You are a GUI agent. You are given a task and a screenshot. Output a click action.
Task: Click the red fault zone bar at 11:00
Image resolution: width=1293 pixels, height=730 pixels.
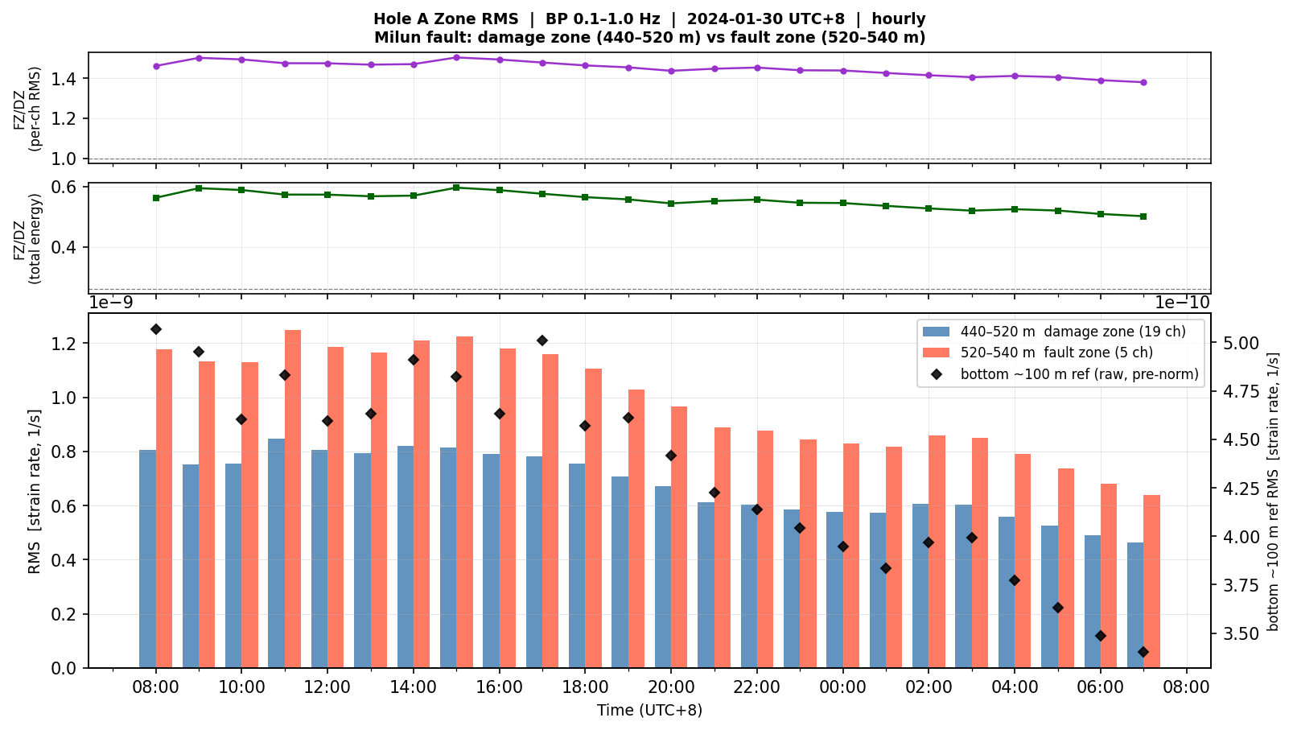click(x=293, y=499)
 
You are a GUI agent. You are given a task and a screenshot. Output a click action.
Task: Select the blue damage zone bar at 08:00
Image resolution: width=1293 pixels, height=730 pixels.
click(x=148, y=559)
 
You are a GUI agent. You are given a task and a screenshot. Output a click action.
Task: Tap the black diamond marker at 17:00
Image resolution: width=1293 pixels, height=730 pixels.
click(x=542, y=340)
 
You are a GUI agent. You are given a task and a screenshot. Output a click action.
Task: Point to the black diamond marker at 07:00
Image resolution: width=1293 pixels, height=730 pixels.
click(x=1143, y=652)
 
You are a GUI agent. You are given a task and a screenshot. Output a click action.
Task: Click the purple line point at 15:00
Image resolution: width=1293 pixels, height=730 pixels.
click(x=456, y=58)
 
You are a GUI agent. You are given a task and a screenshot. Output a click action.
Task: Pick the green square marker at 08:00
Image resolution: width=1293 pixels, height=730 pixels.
click(x=156, y=198)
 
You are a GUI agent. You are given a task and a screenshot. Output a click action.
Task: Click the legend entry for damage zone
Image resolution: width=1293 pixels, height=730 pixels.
click(x=1054, y=332)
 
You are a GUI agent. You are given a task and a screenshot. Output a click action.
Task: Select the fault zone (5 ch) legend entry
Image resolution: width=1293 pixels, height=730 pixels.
click(x=1038, y=353)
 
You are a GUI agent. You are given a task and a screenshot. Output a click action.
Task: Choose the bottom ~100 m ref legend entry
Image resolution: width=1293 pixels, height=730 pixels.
click(x=1064, y=374)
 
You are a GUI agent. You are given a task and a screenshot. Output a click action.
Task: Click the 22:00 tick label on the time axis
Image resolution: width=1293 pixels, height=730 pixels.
click(x=757, y=688)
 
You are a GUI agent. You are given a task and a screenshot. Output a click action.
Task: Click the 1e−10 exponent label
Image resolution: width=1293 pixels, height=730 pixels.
click(x=1182, y=303)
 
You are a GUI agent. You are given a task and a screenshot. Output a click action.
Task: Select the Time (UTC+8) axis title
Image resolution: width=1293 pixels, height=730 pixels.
click(x=649, y=711)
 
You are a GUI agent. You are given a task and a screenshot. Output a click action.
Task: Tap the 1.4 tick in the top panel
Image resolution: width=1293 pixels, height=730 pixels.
click(x=67, y=79)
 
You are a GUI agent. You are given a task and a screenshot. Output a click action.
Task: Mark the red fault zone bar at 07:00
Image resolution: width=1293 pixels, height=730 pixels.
click(x=1151, y=582)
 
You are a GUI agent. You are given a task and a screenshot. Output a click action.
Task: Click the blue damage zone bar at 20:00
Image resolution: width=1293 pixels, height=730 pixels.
click(x=663, y=577)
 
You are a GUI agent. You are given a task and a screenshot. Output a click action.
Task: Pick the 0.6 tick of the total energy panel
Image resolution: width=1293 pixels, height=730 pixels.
click(x=67, y=187)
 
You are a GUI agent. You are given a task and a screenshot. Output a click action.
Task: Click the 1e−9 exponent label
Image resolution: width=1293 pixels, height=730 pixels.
click(x=110, y=303)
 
